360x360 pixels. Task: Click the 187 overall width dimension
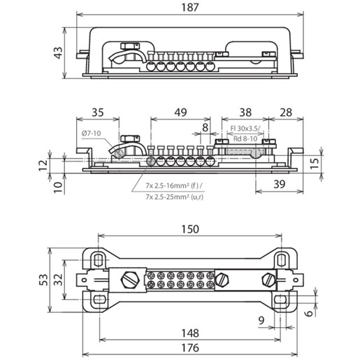click(x=190, y=7)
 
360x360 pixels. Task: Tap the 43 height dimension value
click(x=58, y=52)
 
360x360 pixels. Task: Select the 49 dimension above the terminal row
click(x=180, y=113)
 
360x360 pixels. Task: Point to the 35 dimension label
click(x=98, y=113)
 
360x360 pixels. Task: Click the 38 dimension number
click(x=245, y=113)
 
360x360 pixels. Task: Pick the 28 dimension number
click(x=286, y=113)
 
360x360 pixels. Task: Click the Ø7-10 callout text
click(x=92, y=134)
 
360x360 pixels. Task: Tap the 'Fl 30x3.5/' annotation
click(x=245, y=129)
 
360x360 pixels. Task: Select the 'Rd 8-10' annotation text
click(x=245, y=139)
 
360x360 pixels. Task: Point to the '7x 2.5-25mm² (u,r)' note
click(x=175, y=197)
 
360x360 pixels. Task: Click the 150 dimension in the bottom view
click(x=190, y=229)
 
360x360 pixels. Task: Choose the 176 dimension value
click(x=190, y=348)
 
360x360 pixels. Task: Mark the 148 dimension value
click(x=190, y=333)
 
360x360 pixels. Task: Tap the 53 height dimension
click(x=44, y=280)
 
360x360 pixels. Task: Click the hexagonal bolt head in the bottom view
click(x=130, y=280)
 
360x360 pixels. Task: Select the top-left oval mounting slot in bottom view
click(x=99, y=259)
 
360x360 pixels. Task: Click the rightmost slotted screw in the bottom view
click(x=269, y=280)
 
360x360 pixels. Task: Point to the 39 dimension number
click(x=279, y=184)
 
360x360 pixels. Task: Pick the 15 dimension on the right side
click(x=315, y=164)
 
